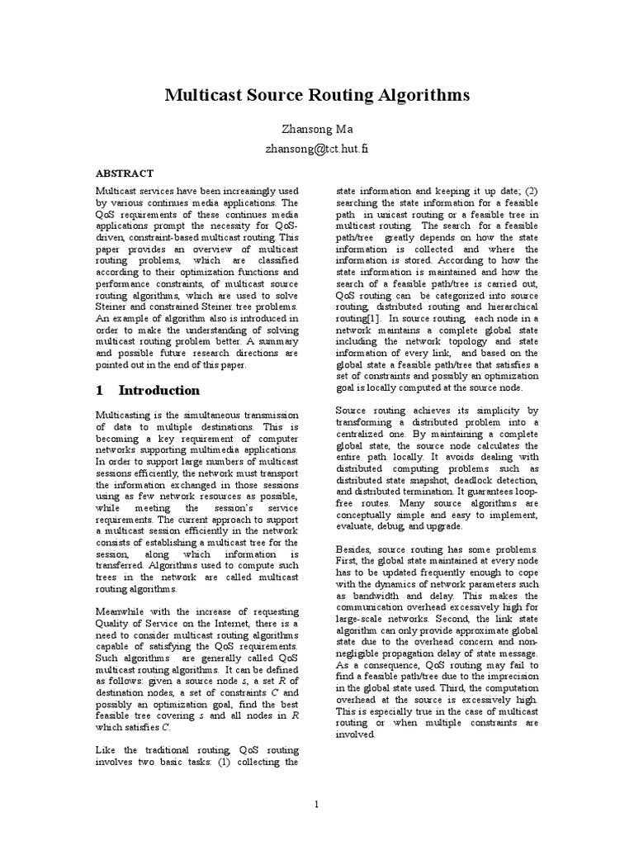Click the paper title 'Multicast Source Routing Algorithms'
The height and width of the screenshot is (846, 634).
317,95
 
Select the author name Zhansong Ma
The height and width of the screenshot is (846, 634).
317,130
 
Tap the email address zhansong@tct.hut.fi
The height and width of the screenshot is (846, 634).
317,150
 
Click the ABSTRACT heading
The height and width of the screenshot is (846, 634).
124,173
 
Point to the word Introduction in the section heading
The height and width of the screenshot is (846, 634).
159,390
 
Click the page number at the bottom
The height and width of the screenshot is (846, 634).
316,804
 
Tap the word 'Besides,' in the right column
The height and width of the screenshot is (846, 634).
357,549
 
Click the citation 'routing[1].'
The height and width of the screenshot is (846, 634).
360,318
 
